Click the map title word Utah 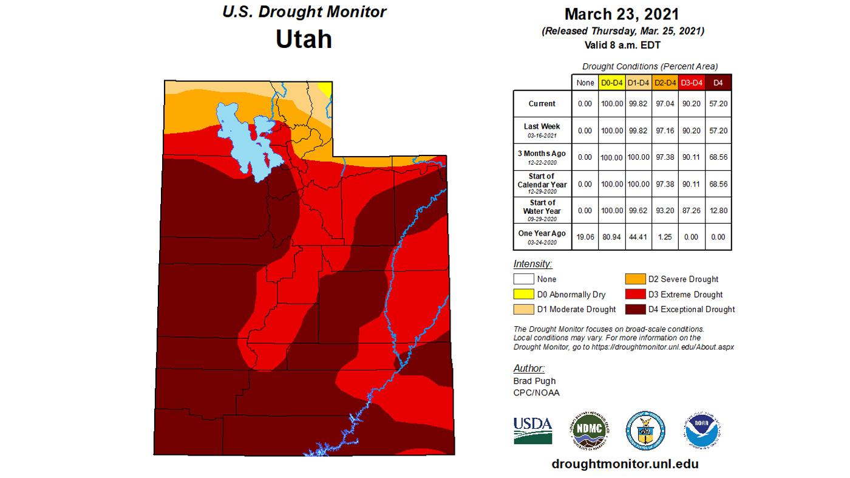[x=304, y=39]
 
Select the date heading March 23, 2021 [x=622, y=14]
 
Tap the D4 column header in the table [x=718, y=83]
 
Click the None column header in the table [x=585, y=83]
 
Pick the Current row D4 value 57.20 [x=718, y=104]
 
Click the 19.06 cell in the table [x=585, y=237]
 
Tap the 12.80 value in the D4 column [x=718, y=211]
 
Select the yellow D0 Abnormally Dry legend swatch [x=523, y=295]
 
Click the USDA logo [x=532, y=430]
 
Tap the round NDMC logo [x=588, y=430]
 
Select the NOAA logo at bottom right [x=702, y=430]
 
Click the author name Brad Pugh [x=534, y=381]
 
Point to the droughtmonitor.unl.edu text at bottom [x=625, y=463]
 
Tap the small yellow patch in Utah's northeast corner [x=326, y=89]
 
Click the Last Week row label [x=542, y=129]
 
